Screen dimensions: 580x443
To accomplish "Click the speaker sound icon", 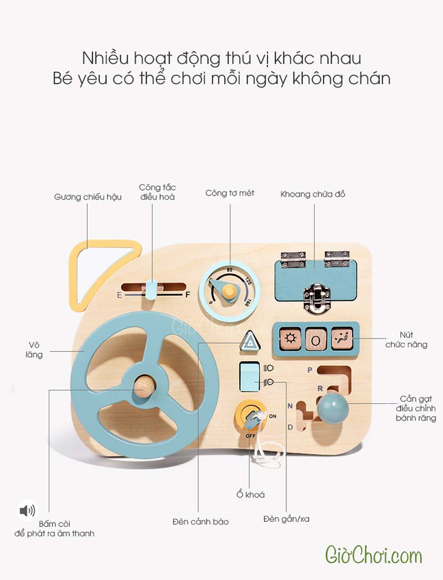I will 27,510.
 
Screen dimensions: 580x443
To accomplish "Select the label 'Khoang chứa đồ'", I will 313,194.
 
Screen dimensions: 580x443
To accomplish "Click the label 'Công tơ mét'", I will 230,193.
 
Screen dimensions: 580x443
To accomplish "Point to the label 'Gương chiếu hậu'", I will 88,197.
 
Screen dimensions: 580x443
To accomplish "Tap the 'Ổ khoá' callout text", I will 250,495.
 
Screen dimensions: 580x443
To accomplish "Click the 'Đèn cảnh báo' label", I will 200,522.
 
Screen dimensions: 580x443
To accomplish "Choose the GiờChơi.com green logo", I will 373,555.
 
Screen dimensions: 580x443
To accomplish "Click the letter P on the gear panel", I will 310,369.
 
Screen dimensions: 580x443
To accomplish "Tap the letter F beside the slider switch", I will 188,295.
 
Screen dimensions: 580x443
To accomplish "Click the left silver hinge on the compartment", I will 293,258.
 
